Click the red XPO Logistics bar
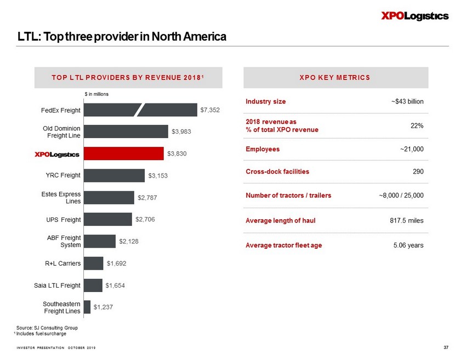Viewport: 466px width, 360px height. point(123,153)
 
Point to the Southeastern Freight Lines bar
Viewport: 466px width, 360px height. point(87,307)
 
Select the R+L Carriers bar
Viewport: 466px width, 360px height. point(93,263)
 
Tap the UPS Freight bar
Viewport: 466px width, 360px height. point(107,219)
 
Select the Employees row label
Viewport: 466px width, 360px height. point(263,149)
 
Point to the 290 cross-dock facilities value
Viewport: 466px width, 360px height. point(418,172)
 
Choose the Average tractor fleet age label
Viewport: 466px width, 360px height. point(284,245)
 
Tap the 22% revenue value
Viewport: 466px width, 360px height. point(417,125)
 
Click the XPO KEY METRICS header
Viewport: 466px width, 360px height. point(334,77)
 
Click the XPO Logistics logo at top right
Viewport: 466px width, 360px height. point(414,16)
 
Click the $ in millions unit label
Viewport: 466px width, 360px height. point(96,94)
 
